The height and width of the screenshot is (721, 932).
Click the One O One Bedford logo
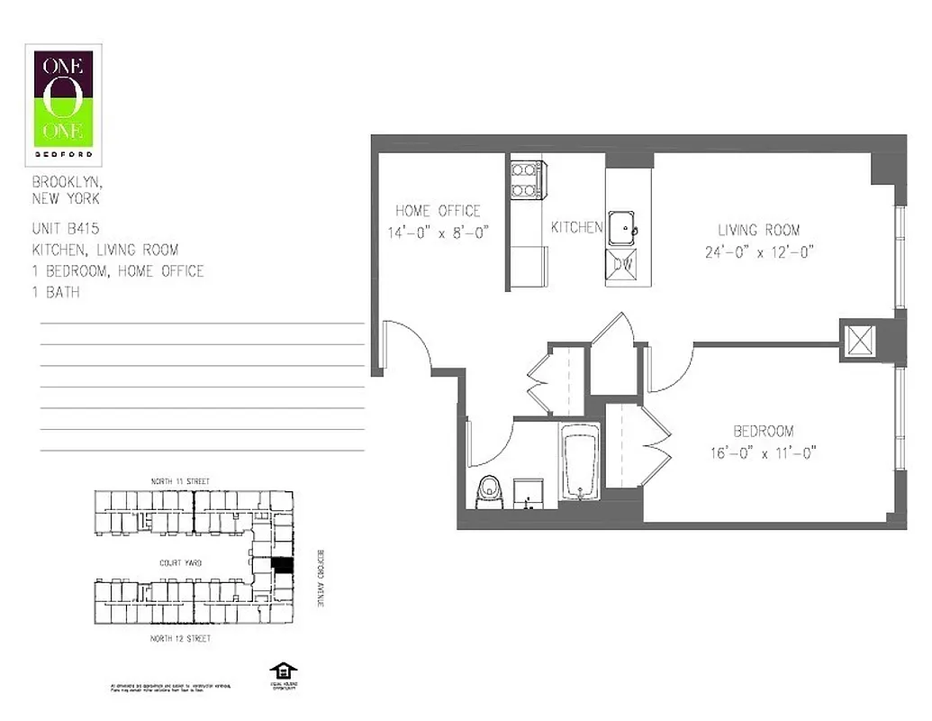click(x=63, y=105)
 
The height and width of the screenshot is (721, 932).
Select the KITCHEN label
click(x=576, y=228)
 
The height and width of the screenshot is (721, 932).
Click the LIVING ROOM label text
click(x=758, y=230)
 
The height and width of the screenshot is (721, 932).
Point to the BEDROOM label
click(x=763, y=432)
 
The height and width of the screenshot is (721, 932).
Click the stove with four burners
click(x=525, y=179)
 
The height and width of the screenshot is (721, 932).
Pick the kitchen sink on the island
click(x=621, y=226)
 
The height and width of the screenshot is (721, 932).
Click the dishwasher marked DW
click(x=622, y=265)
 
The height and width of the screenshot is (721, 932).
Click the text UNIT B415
click(x=66, y=229)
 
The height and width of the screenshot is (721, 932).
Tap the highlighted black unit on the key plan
click(x=283, y=566)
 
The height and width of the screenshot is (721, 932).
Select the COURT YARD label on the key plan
click(x=180, y=562)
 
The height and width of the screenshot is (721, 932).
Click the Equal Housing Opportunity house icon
click(x=283, y=672)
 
